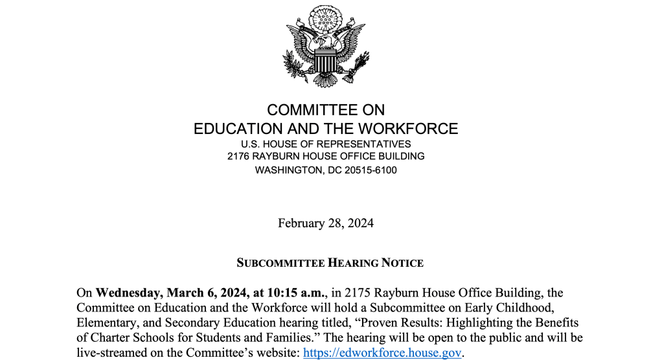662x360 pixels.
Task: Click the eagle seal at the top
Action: click(326, 47)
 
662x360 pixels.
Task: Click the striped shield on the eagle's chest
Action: click(325, 63)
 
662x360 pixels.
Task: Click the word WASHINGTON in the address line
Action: click(289, 170)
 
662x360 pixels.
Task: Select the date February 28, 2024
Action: click(326, 223)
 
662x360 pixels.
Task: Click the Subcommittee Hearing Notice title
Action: click(330, 263)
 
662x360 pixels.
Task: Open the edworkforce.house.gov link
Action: click(382, 354)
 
